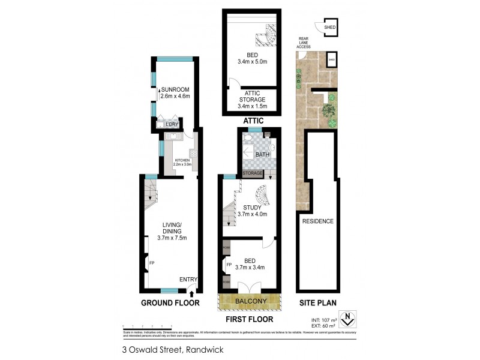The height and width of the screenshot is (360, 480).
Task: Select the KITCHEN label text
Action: (x=182, y=160)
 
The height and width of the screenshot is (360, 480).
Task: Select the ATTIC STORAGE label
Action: (x=251, y=99)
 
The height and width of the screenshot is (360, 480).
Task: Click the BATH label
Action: (x=262, y=155)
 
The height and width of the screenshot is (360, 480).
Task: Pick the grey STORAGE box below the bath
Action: (x=253, y=173)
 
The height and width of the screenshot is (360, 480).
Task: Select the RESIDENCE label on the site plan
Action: (x=317, y=221)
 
